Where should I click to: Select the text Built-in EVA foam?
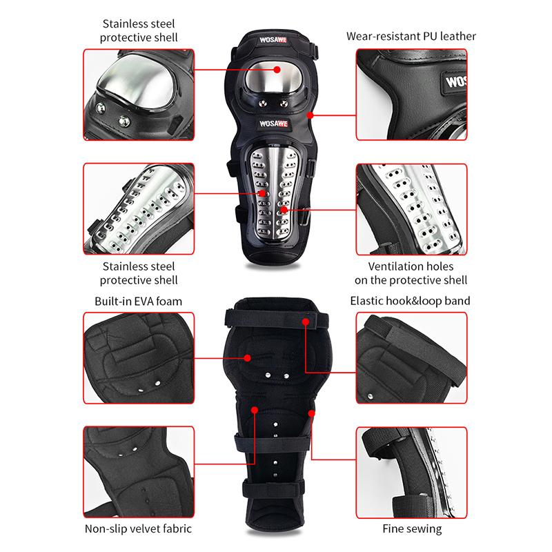coord(138,301)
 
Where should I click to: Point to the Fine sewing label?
coord(412,529)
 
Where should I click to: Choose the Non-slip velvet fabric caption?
coord(138,529)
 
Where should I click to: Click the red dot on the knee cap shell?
coord(277,69)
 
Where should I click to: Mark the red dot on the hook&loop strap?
coord(304,322)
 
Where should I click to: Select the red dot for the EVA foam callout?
coord(248,357)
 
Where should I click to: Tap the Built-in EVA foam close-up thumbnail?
coord(138,357)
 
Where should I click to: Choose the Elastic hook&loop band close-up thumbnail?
coord(412,357)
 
